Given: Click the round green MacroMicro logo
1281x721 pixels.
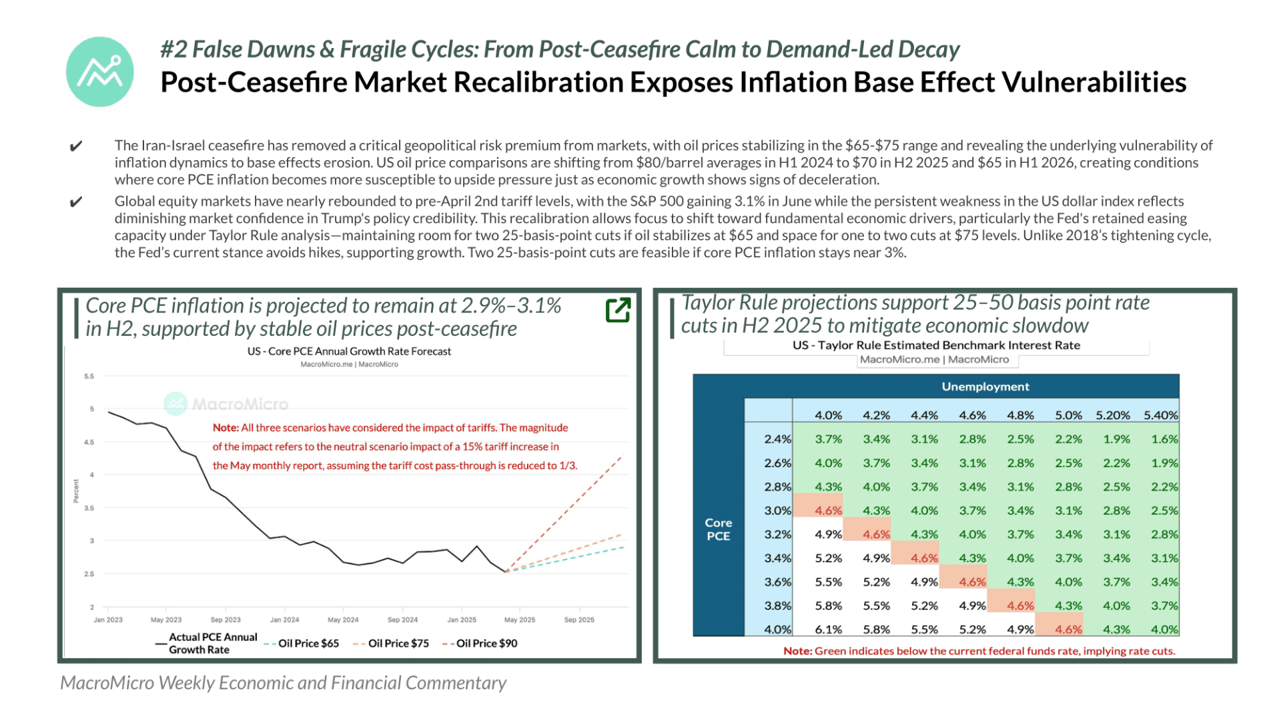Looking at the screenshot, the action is [100, 71].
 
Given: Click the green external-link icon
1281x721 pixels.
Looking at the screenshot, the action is [618, 310].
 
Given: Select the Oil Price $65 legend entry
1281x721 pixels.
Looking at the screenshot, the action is [301, 644].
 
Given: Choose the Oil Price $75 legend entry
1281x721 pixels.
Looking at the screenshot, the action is [391, 644].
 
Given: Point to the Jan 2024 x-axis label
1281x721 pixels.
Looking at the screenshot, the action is [284, 620].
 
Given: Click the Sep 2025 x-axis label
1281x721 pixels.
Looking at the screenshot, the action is [579, 620].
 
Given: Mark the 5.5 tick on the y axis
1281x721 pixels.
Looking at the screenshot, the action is [89, 377].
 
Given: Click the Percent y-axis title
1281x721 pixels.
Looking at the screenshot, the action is [76, 491].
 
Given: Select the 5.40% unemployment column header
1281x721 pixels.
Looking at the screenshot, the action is [1161, 415].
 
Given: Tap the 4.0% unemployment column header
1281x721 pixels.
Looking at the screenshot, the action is [828, 415].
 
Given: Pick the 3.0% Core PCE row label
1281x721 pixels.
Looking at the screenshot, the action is [778, 511].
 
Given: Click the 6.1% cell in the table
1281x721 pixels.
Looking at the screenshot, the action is [828, 630].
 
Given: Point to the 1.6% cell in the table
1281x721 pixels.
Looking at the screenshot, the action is [1164, 439].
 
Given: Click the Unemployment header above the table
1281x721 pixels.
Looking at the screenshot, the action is [985, 387].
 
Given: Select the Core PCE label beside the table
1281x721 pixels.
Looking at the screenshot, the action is [719, 529].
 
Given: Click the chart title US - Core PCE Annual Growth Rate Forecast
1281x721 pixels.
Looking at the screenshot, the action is [349, 351].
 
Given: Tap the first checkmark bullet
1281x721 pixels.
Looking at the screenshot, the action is [76, 146].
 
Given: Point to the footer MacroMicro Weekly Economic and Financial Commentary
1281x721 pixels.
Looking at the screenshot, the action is [284, 683].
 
